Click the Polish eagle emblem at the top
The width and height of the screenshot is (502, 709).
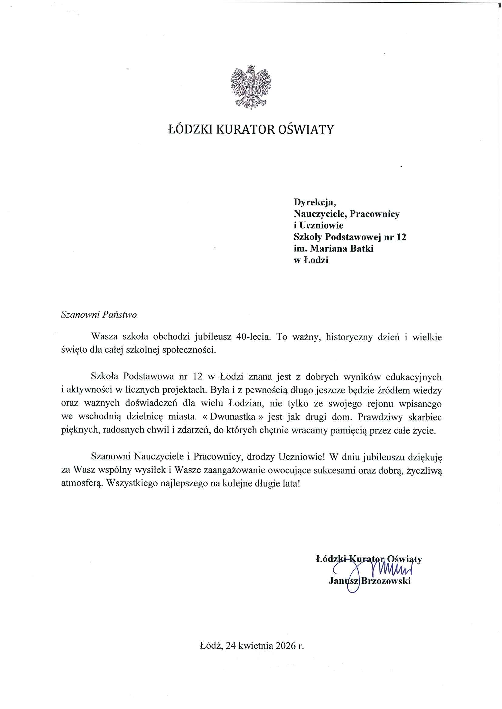coord(250,87)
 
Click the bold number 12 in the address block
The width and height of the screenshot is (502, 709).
coord(401,237)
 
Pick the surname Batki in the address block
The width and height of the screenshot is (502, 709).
coord(361,249)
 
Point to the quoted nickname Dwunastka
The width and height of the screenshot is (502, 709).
coord(233,416)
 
